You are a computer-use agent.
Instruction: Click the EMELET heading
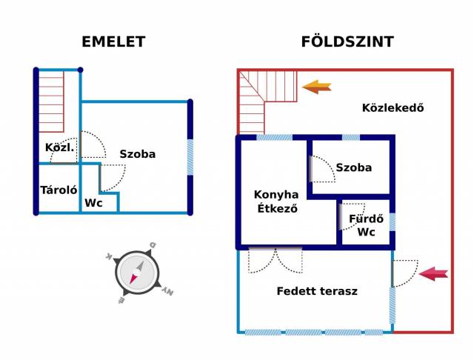(113, 42)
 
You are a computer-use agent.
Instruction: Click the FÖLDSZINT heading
(347, 42)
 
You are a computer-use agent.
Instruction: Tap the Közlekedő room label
(393, 108)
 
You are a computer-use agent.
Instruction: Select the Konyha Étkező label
(276, 201)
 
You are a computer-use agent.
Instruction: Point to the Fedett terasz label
(317, 291)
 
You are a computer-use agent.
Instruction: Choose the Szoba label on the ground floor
(353, 167)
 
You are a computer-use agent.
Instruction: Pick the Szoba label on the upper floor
(138, 154)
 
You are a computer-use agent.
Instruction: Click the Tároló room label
(59, 190)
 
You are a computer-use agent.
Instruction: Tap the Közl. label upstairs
(59, 147)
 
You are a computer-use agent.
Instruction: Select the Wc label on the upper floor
(93, 203)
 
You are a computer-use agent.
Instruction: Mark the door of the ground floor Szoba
(319, 169)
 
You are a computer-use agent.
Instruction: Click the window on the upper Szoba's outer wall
(190, 157)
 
